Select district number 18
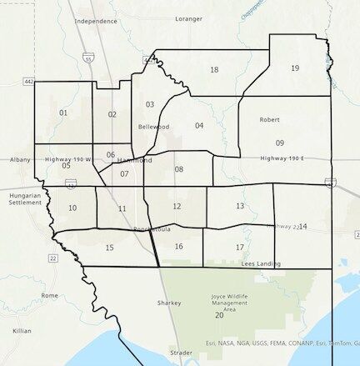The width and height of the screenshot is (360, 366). click(x=214, y=70)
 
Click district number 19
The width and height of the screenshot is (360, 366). click(x=295, y=68)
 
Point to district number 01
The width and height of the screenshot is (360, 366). click(x=63, y=112)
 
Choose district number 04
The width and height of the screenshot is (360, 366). click(x=199, y=126)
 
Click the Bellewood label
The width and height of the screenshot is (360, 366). click(x=153, y=127)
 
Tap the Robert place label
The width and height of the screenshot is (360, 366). click(x=269, y=120)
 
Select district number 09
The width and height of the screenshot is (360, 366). click(x=280, y=143)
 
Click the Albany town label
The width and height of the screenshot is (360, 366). click(x=20, y=158)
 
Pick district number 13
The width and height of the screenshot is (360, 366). click(x=240, y=206)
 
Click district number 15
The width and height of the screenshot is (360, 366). click(x=109, y=248)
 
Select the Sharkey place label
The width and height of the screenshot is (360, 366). click(x=168, y=303)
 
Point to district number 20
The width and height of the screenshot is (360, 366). click(x=219, y=316)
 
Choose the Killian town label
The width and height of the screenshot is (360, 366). click(x=22, y=331)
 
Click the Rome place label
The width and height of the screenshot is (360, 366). click(x=50, y=295)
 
